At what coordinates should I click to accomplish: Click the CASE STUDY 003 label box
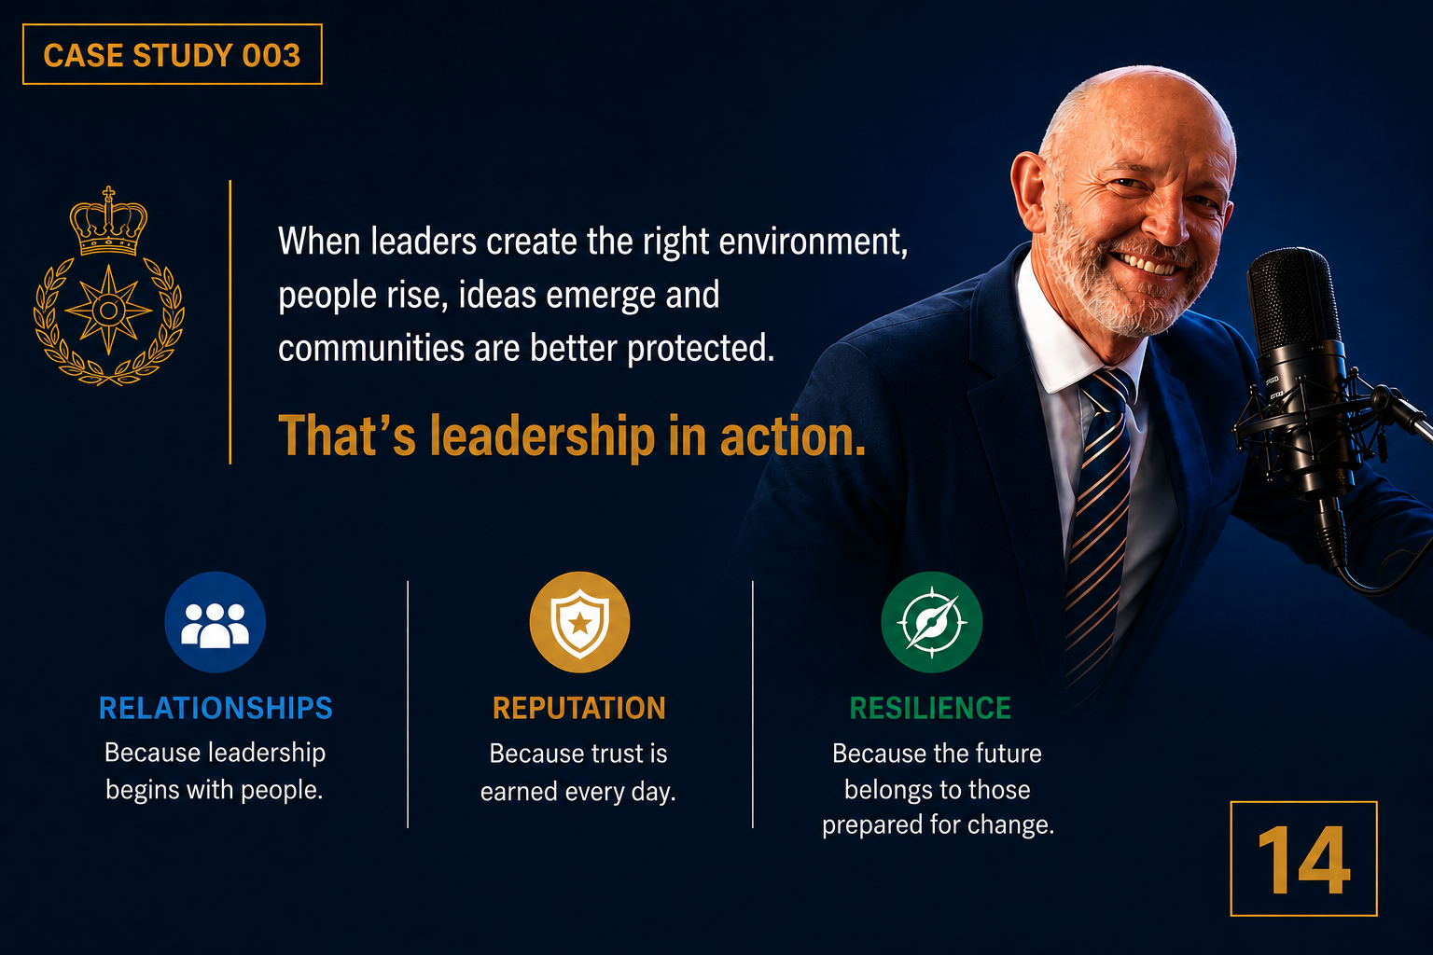pyautogui.click(x=172, y=54)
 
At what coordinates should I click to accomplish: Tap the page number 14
pyautogui.click(x=1303, y=858)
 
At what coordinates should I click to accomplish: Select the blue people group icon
pyautogui.click(x=215, y=622)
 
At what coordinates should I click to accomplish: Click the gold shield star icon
pyautogui.click(x=579, y=622)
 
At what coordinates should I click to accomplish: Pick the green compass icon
pyautogui.click(x=931, y=622)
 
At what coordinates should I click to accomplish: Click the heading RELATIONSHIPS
pyautogui.click(x=216, y=708)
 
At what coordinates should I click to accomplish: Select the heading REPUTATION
pyautogui.click(x=579, y=708)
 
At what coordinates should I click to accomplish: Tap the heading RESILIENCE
pyautogui.click(x=930, y=708)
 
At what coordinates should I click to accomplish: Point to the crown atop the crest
pyautogui.click(x=109, y=221)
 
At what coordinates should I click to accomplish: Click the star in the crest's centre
pyautogui.click(x=109, y=311)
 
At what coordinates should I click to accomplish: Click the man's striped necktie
pyautogui.click(x=1099, y=524)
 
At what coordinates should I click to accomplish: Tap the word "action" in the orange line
pyautogui.click(x=793, y=436)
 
